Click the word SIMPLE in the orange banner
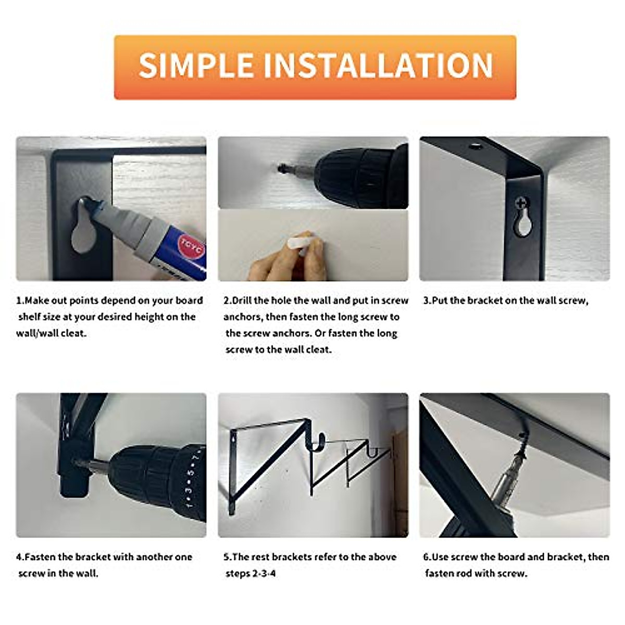point(197,66)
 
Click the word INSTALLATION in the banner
point(379,66)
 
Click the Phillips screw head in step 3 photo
point(521,203)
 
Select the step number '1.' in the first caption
point(20,301)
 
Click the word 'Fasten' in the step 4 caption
point(40,557)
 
